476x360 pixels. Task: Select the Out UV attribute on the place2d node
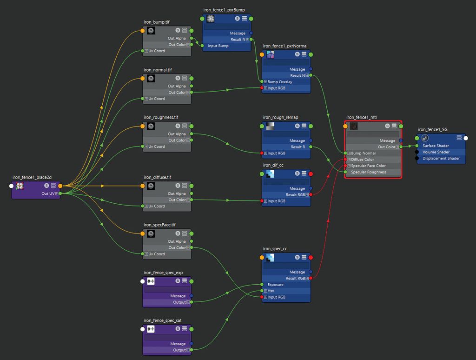(48, 193)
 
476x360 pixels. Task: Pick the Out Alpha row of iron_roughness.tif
(177, 134)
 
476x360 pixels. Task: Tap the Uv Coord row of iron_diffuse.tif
(156, 206)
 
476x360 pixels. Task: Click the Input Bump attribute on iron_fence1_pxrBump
(218, 46)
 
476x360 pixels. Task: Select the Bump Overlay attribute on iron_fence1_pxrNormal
(280, 82)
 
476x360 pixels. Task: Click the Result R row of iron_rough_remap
(297, 147)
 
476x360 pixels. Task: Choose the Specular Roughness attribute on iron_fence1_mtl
(369, 172)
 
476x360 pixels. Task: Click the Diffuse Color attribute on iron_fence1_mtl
(362, 160)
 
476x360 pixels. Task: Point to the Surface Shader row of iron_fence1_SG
(436, 146)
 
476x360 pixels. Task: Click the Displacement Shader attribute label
(440, 158)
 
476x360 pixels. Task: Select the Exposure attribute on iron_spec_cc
(275, 285)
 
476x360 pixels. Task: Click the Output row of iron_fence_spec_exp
(179, 302)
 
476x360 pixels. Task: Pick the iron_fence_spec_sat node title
(163, 320)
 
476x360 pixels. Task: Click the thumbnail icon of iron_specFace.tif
(151, 233)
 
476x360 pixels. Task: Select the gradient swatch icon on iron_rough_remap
(270, 126)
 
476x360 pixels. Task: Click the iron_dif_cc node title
(273, 165)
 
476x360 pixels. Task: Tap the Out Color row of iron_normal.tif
(177, 93)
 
